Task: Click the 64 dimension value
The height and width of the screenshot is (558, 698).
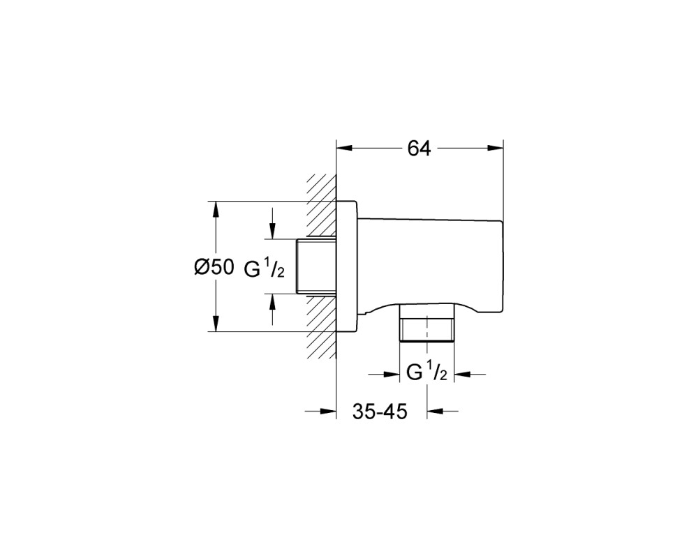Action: pos(419,149)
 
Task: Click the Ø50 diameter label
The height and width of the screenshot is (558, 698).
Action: pos(214,267)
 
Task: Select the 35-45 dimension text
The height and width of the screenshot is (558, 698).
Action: pos(380,412)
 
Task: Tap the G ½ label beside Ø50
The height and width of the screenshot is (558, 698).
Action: pos(265,269)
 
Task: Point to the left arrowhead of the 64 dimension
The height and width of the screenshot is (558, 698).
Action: pos(344,148)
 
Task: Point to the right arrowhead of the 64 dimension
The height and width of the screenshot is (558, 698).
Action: pos(495,148)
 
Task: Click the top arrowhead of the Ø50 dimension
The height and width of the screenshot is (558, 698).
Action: pos(216,209)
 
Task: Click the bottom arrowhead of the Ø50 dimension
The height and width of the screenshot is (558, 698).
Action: pos(216,324)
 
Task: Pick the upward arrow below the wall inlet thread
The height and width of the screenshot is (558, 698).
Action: pos(272,310)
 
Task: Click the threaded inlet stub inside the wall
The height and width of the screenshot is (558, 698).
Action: pos(316,266)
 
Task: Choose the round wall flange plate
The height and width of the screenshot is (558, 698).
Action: pos(346,266)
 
